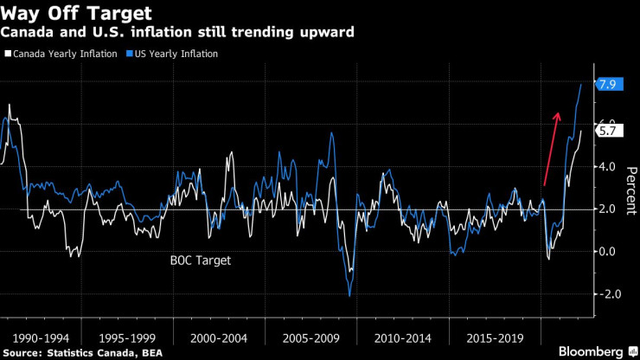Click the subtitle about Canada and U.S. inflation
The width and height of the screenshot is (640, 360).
point(177,32)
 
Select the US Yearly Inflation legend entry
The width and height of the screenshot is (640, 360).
point(173,54)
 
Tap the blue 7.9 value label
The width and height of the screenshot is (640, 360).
point(606,84)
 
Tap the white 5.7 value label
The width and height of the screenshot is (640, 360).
point(606,132)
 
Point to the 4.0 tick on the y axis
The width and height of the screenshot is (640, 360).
point(606,167)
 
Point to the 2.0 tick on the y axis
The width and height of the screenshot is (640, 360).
point(606,209)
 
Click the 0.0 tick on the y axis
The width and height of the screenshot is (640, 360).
point(606,252)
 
